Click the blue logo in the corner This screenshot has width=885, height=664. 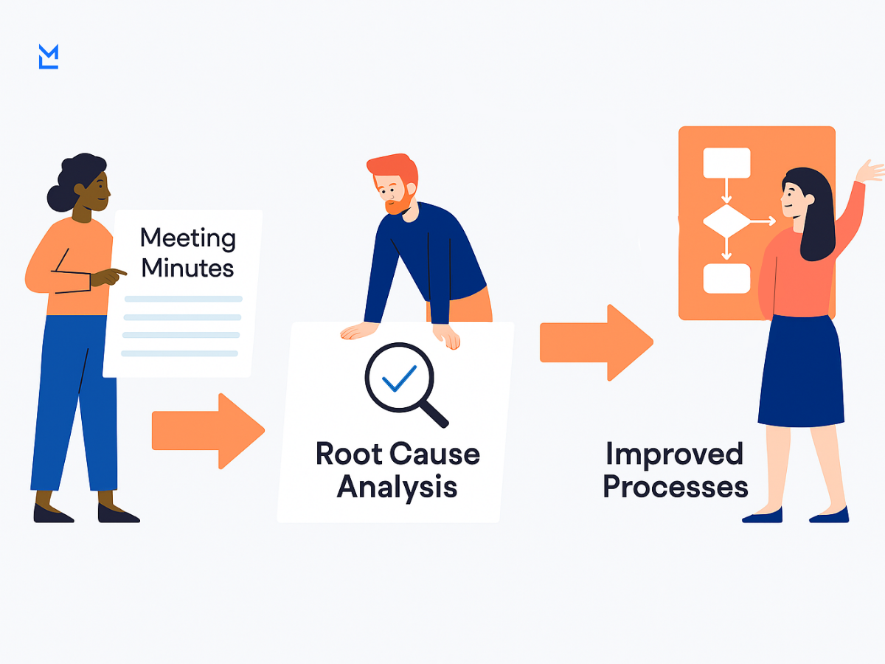click(x=48, y=57)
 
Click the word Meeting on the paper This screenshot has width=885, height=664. click(x=188, y=238)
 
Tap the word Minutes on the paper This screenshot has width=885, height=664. click(x=187, y=268)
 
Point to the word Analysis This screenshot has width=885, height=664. click(x=397, y=487)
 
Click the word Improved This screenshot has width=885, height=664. click(x=673, y=454)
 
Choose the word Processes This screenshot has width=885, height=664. click(x=676, y=487)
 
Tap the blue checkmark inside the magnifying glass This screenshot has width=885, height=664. click(x=399, y=378)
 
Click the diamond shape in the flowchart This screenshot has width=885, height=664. click(x=726, y=221)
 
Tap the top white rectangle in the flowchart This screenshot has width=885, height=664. click(x=726, y=163)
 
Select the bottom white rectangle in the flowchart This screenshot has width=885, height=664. click(x=726, y=278)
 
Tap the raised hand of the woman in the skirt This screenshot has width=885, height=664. click(x=870, y=171)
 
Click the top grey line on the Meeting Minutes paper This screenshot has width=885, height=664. click(x=184, y=299)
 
